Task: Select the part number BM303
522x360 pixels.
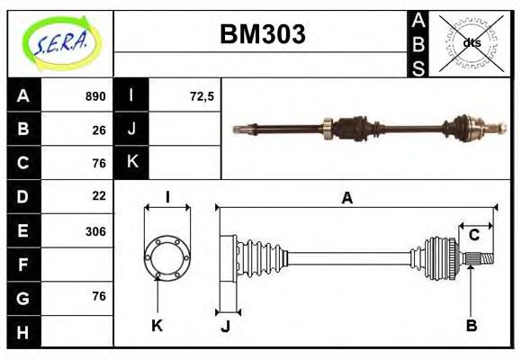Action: pos(263,34)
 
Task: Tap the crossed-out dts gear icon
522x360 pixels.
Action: pos(472,42)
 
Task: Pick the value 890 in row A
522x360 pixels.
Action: pos(95,96)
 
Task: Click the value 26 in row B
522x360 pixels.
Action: pos(99,130)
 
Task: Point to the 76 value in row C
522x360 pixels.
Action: pos(99,163)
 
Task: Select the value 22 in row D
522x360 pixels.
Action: pos(99,196)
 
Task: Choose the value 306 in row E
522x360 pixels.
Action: pos(95,230)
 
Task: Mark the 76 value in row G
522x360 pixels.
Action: pos(99,296)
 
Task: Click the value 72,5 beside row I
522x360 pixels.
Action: pos(202,96)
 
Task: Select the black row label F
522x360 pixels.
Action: pos(23,265)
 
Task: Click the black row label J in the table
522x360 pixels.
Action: pos(131,130)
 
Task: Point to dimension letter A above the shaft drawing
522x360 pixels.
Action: pos(346,199)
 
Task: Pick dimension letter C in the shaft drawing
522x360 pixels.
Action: pos(473,237)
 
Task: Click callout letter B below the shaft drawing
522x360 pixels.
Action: pos(471,325)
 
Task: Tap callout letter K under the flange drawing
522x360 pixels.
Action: pos(157,325)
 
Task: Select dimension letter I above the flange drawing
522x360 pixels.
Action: pos(167,198)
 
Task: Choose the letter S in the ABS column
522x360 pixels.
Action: pos(418,67)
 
